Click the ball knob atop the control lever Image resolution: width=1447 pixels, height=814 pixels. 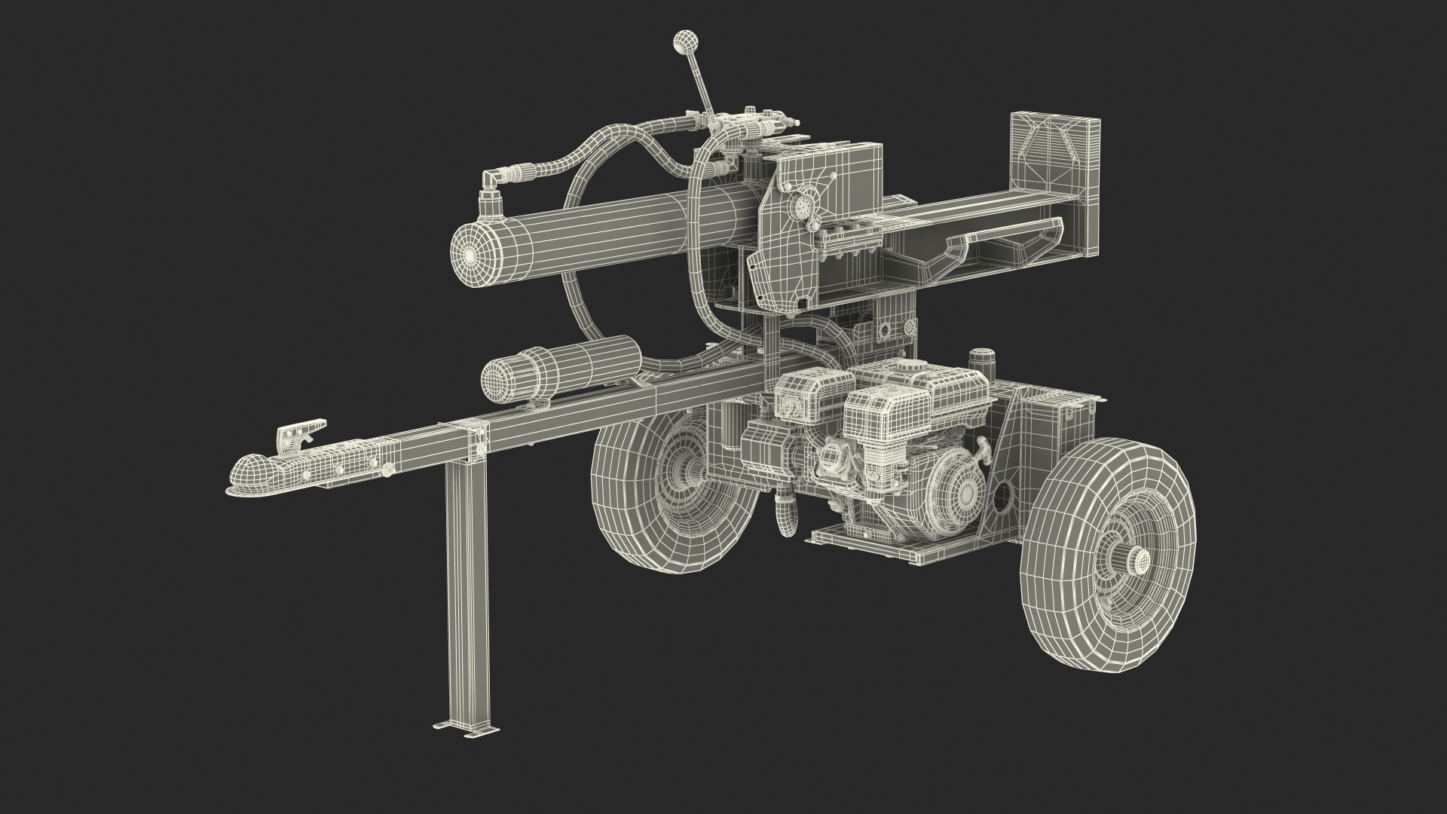click(685, 41)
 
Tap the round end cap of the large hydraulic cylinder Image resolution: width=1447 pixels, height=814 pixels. click(471, 256)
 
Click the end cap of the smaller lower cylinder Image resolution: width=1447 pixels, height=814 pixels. click(498, 378)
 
